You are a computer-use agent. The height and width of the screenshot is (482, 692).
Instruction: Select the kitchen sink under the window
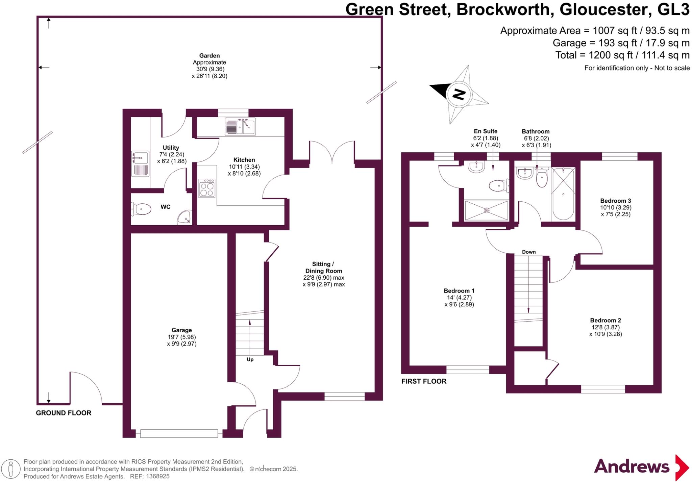[240, 127]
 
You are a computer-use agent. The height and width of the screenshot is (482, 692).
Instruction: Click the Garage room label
[182, 330]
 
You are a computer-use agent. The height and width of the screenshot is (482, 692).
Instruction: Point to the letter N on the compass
[459, 94]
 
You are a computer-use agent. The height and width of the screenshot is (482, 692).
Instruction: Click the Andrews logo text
[632, 467]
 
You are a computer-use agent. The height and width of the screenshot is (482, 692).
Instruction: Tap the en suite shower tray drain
[487, 210]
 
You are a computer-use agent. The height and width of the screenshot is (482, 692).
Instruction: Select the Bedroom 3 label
[616, 201]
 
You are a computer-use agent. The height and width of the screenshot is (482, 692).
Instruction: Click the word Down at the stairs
[529, 252]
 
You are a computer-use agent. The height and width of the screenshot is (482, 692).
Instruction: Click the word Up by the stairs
[250, 359]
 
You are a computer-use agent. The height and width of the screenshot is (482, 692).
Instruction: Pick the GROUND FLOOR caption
[64, 413]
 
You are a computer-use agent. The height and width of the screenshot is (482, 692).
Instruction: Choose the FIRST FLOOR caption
[424, 381]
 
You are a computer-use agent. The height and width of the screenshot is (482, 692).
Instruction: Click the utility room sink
[140, 158]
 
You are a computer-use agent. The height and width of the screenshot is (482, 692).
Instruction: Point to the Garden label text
[209, 56]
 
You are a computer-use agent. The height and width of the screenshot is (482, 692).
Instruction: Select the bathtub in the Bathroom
[563, 194]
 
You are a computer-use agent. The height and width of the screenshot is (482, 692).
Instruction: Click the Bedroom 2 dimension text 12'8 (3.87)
[605, 327]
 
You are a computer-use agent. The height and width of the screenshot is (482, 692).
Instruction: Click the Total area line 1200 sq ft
[622, 55]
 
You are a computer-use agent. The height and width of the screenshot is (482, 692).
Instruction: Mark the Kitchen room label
[244, 160]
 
